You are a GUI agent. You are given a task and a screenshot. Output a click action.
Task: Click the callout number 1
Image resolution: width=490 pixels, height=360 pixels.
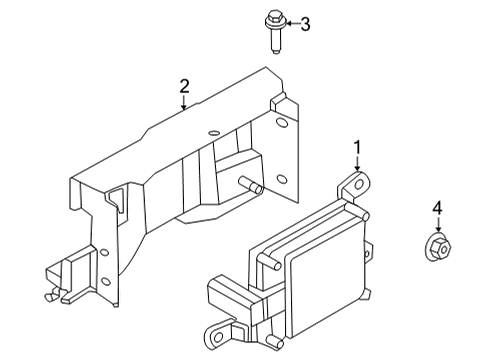[x=357, y=148]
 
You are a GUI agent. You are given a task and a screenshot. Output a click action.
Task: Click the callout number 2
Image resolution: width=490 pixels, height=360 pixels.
[x=184, y=87]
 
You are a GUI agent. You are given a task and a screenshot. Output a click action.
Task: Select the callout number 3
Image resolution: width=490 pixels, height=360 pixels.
[x=305, y=24]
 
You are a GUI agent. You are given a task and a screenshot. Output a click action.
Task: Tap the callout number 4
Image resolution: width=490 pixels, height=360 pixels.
[x=437, y=209]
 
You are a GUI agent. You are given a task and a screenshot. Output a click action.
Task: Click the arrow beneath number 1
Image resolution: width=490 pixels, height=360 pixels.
[x=357, y=167]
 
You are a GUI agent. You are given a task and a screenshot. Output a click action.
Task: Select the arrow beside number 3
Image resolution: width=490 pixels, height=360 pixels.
[x=290, y=24]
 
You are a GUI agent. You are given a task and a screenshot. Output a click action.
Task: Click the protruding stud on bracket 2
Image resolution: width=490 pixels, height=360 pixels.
[x=253, y=186]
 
